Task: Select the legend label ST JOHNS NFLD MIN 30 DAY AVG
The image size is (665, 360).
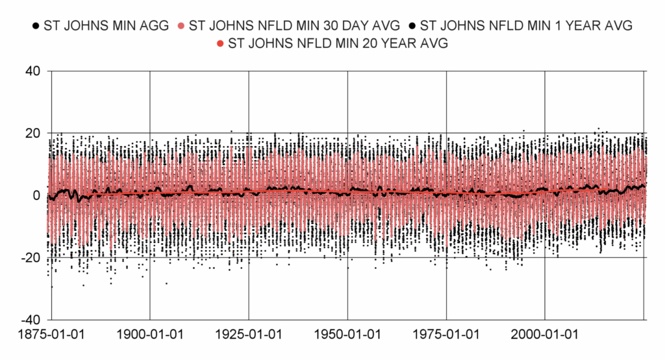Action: (292, 26)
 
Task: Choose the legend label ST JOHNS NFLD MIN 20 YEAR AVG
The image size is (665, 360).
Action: (338, 44)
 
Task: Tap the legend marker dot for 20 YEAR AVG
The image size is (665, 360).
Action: (220, 44)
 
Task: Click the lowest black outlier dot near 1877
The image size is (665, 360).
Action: (51, 287)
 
